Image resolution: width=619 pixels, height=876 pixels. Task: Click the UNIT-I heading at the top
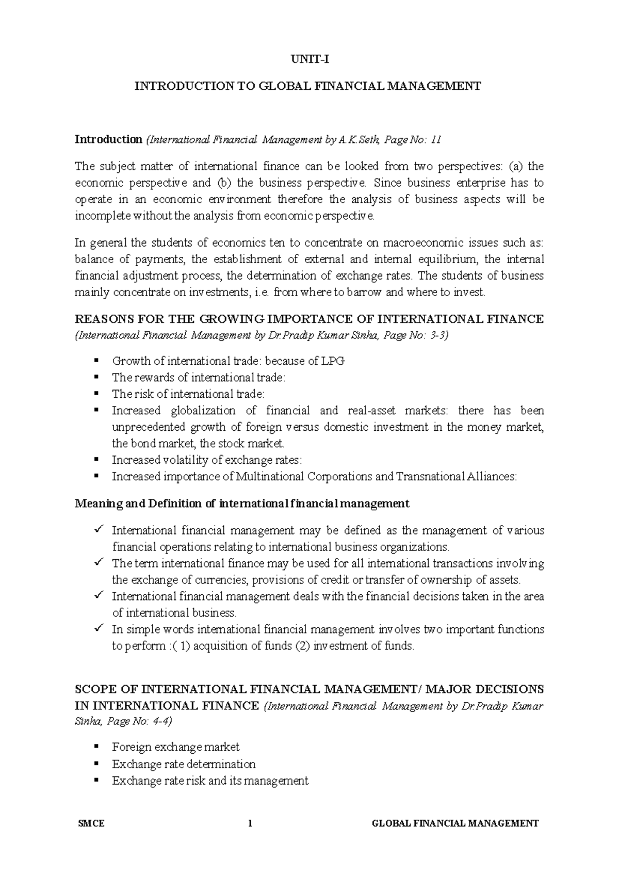coord(308,59)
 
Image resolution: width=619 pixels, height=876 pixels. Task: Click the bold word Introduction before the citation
coord(108,139)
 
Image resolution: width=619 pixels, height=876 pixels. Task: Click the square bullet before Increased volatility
coord(96,460)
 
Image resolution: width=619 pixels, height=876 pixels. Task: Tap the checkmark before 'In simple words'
coord(97,628)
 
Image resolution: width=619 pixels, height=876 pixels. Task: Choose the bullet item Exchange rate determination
coord(183,764)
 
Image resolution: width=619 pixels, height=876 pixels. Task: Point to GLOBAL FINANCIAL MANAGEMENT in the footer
coord(455,823)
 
